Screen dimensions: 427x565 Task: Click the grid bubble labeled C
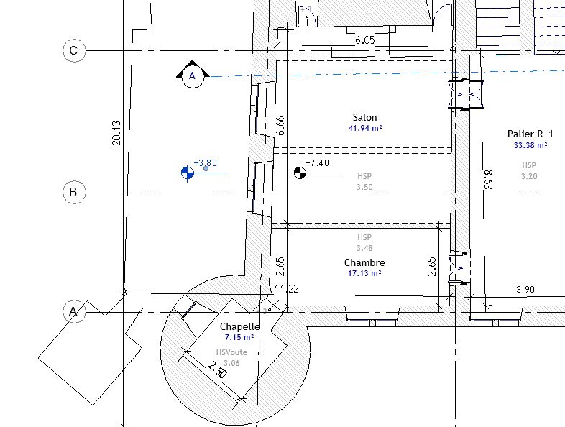coord(73,51)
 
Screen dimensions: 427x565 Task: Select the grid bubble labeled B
coord(73,193)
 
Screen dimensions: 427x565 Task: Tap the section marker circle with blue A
coord(192,75)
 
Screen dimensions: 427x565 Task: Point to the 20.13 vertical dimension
coord(116,132)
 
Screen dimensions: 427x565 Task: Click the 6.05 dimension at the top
coord(364,40)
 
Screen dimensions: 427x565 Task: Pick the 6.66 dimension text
coord(281,126)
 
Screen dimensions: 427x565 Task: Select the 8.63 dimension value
coord(488,179)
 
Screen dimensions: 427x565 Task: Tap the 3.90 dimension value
coord(526,289)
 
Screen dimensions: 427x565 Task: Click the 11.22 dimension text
coord(287,289)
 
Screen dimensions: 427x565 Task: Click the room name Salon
coord(364,117)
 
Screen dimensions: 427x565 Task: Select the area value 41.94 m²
coord(364,128)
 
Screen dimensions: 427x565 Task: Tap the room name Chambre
coord(364,262)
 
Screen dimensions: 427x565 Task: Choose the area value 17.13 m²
coord(364,273)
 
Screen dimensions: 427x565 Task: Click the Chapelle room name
coord(239,326)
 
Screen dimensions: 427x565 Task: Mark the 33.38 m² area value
coord(530,144)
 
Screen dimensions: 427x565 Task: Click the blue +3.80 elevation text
coord(205,162)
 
